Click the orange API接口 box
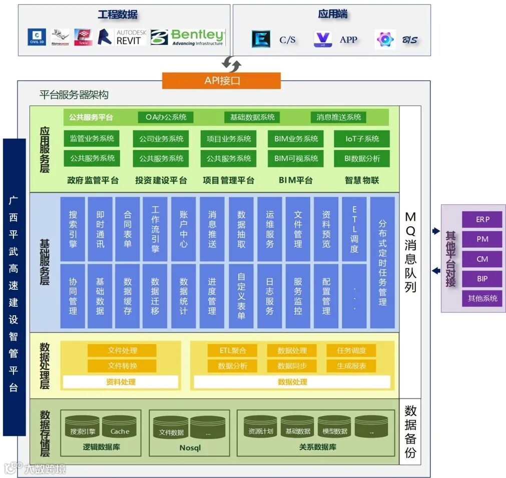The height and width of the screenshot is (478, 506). click(221, 81)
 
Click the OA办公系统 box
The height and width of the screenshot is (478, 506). click(166, 117)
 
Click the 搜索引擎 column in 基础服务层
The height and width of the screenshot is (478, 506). click(73, 229)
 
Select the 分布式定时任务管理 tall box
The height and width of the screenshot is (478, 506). click(383, 262)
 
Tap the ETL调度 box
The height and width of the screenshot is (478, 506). click(354, 229)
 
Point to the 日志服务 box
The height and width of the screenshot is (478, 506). click(270, 296)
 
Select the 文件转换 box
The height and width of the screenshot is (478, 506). click(122, 365)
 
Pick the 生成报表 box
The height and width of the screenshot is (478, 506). click(351, 365)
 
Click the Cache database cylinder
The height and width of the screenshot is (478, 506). click(120, 427)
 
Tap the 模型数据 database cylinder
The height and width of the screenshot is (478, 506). click(334, 427)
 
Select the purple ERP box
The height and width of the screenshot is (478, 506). click(482, 219)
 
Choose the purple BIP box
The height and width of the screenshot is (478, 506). click(482, 278)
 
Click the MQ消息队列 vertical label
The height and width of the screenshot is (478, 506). click(410, 252)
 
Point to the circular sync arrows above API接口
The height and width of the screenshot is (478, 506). click(231, 64)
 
